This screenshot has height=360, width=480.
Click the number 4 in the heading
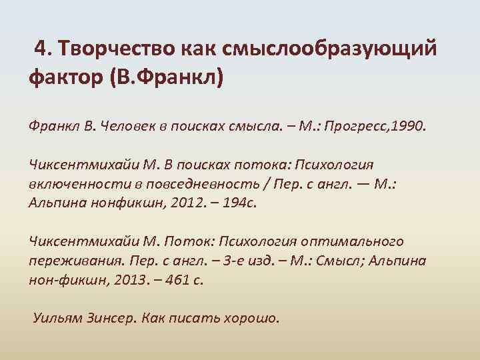point(40,49)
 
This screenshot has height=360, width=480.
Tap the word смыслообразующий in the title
point(324,49)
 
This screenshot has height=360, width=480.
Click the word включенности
point(71,183)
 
